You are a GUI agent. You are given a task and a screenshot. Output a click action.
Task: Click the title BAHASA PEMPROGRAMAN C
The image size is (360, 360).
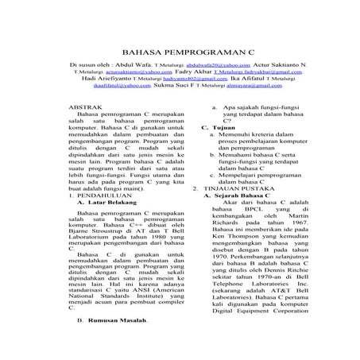pyautogui.click(x=179, y=49)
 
